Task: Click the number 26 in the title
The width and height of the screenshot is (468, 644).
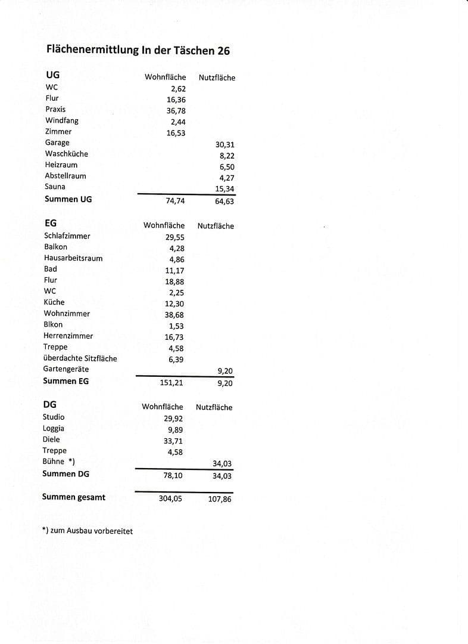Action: (x=222, y=51)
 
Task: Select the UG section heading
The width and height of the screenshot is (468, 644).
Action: (x=53, y=75)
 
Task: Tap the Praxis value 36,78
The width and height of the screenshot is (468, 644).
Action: (x=176, y=111)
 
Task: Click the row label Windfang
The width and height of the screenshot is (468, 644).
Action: (x=62, y=120)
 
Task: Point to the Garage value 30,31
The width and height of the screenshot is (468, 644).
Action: (x=225, y=144)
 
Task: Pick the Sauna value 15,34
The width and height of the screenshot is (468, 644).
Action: (x=225, y=189)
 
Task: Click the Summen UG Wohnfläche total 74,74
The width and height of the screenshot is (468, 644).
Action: (x=175, y=201)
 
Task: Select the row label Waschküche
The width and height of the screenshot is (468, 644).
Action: (x=66, y=154)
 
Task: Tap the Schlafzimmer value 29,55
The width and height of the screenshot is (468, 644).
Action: (x=174, y=237)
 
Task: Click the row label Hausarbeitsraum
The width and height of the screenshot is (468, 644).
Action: (x=73, y=258)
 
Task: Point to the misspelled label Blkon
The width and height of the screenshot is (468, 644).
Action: (x=53, y=324)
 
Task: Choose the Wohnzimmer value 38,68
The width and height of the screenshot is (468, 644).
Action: (x=174, y=315)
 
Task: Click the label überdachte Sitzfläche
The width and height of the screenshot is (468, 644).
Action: (x=80, y=358)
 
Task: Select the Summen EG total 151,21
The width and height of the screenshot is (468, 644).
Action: (x=171, y=382)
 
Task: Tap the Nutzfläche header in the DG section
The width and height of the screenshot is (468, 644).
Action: (x=214, y=407)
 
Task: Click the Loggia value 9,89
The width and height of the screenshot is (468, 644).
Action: (x=176, y=430)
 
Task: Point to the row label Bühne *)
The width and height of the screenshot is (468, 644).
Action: (x=59, y=462)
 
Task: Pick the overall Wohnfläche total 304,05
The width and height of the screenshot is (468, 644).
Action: (x=170, y=499)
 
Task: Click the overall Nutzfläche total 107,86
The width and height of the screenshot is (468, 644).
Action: (x=220, y=499)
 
